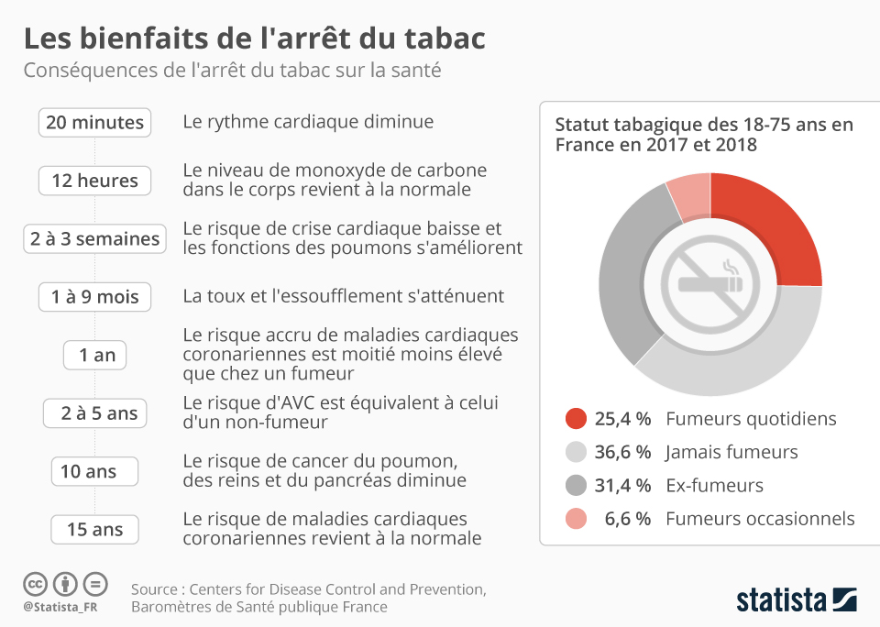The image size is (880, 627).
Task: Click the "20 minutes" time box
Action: tap(94, 123)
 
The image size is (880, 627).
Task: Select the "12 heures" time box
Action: tap(94, 181)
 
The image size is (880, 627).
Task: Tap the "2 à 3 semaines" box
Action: tap(94, 239)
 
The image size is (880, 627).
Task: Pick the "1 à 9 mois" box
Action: tap(94, 297)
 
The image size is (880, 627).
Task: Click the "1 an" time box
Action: tap(94, 356)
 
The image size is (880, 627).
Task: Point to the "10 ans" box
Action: tap(94, 472)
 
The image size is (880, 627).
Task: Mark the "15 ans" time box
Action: tap(94, 530)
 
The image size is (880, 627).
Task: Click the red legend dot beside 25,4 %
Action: tap(576, 419)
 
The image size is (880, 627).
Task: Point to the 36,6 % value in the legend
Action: tap(622, 452)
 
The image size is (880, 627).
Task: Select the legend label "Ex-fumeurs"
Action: tap(714, 485)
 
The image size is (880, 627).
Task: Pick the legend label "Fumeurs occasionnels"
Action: tap(760, 519)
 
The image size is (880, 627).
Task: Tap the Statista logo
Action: tap(796, 600)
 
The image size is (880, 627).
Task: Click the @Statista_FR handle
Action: tap(60, 607)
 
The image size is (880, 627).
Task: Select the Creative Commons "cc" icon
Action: tap(35, 583)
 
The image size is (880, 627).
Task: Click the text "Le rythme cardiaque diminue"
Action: tap(308, 122)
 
